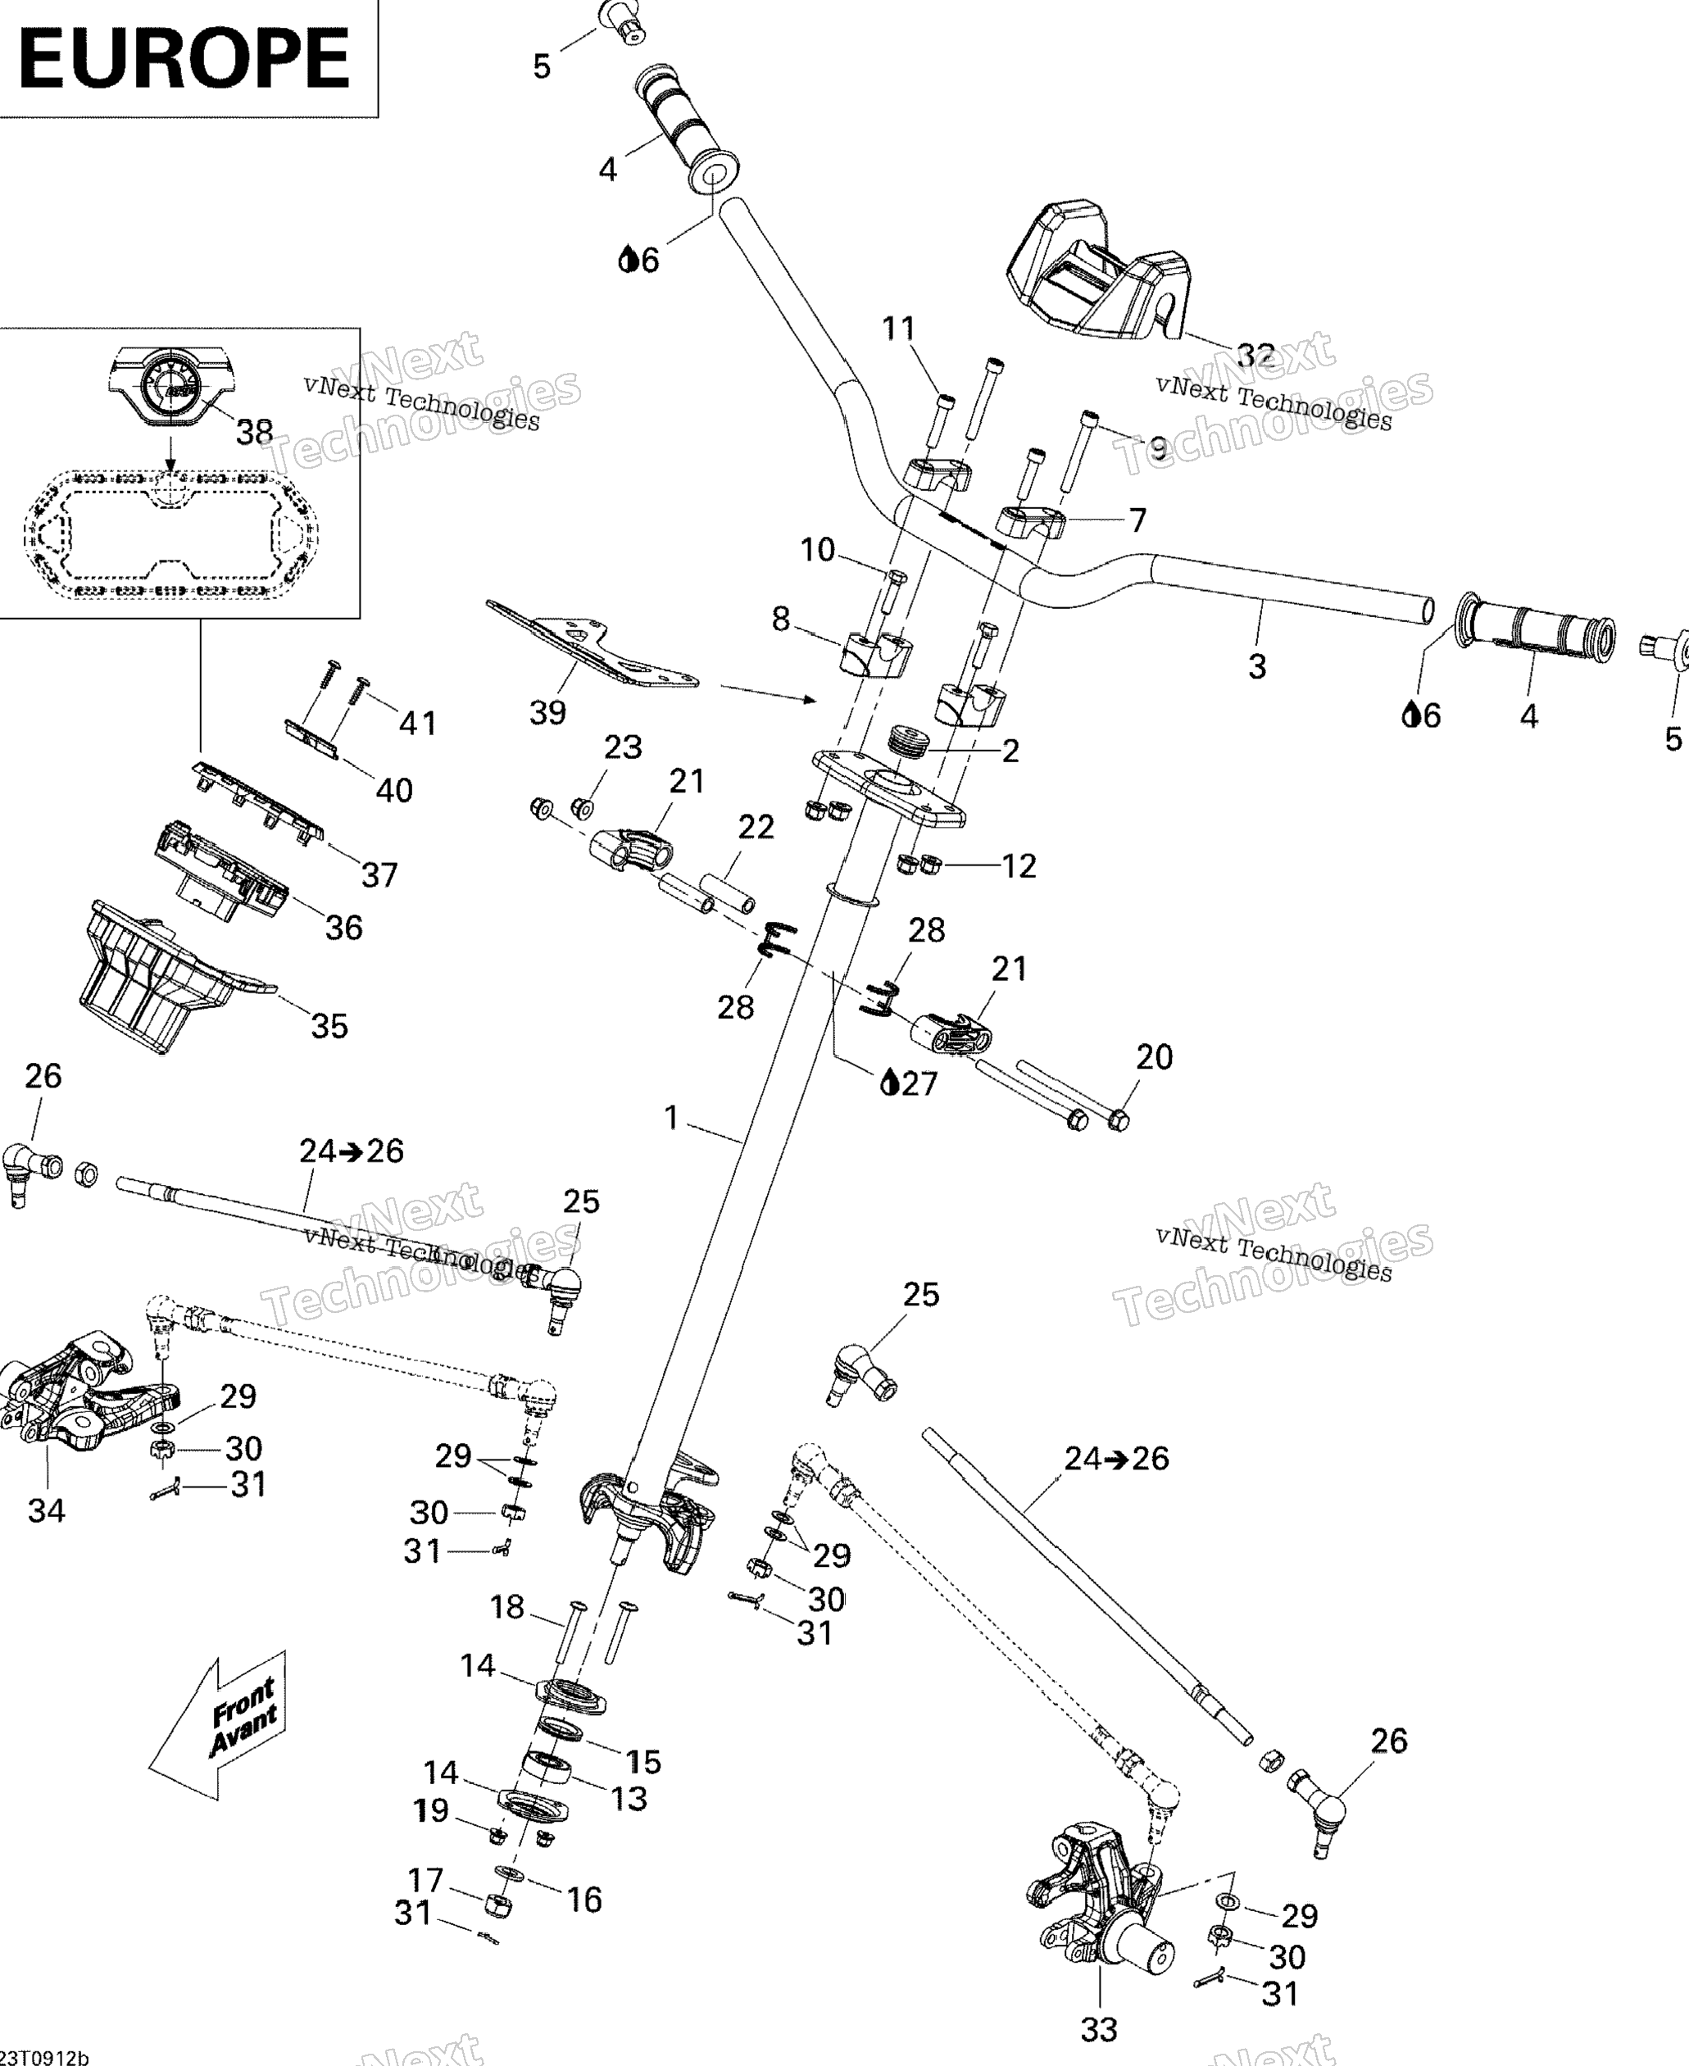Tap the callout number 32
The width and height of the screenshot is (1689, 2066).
[1255, 355]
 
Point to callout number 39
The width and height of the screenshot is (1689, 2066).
[547, 712]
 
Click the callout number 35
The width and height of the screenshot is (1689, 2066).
[329, 1025]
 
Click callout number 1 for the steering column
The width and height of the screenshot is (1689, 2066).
[670, 1119]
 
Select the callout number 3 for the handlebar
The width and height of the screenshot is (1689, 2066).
[1257, 666]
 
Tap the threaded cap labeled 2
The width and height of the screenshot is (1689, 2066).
[909, 741]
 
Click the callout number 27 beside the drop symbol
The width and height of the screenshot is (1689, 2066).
[919, 1083]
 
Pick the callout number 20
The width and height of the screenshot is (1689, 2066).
[1154, 1056]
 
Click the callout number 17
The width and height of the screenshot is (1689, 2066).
[425, 1879]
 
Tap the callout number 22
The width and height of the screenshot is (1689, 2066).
[756, 827]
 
